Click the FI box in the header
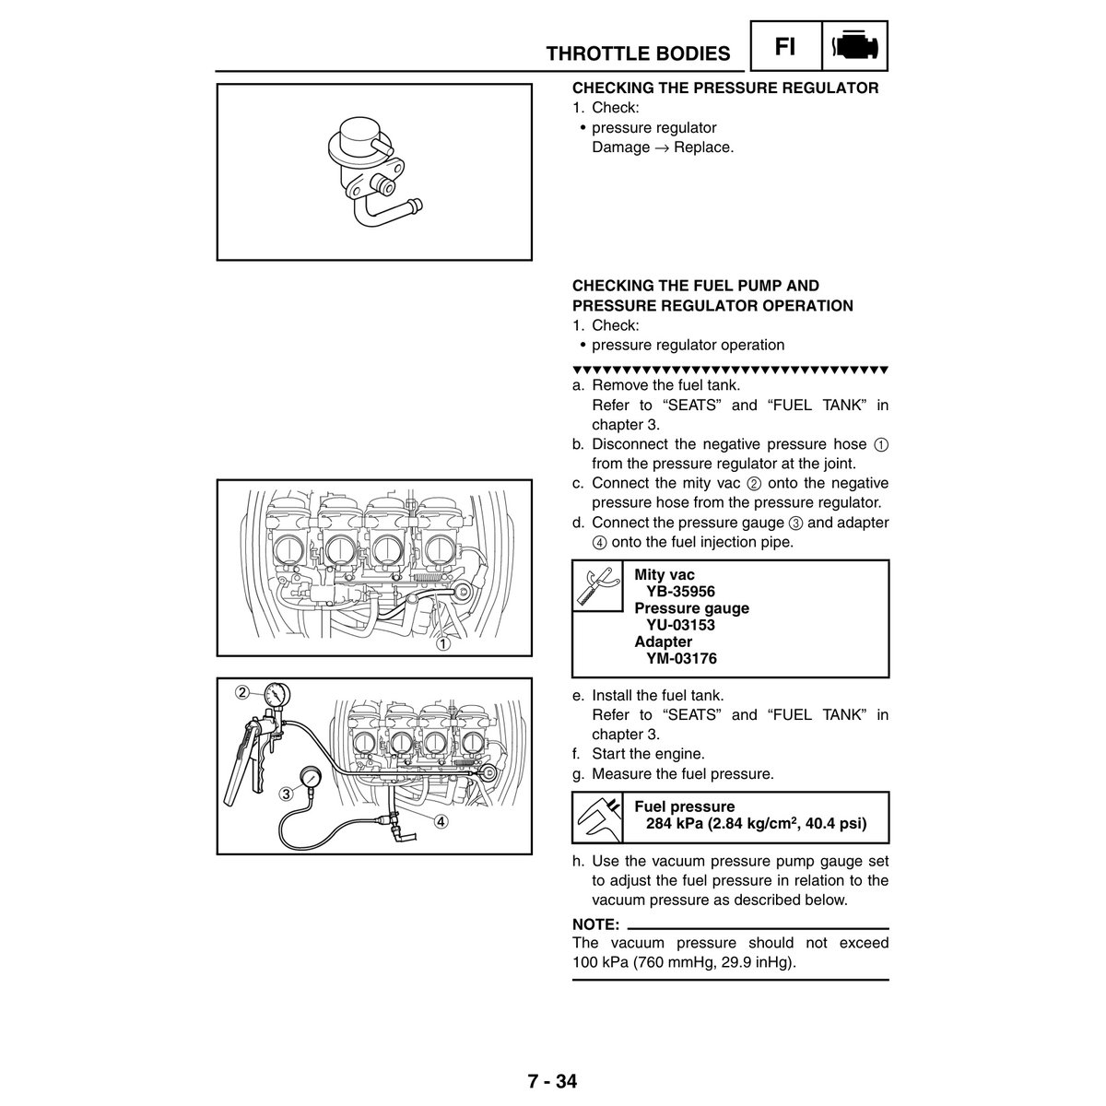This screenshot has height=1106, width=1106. tap(785, 46)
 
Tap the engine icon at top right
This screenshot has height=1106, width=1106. tap(854, 46)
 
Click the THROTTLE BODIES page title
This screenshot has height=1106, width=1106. tap(638, 53)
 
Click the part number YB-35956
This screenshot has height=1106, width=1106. tap(680, 592)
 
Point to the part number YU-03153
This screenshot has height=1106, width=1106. tap(680, 625)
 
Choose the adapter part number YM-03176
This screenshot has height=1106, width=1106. tap(681, 658)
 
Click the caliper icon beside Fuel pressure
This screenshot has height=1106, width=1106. tap(597, 817)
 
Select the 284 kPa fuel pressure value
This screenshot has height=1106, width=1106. tap(756, 824)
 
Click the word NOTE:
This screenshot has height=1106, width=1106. tap(595, 924)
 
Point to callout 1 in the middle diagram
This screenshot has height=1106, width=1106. tap(443, 644)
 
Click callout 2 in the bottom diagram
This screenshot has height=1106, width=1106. tap(242, 692)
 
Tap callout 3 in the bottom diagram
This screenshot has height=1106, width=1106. tap(288, 793)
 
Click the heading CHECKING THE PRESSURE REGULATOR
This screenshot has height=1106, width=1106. tap(725, 88)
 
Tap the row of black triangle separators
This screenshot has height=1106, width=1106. tap(729, 370)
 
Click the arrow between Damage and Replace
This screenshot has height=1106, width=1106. tap(661, 148)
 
